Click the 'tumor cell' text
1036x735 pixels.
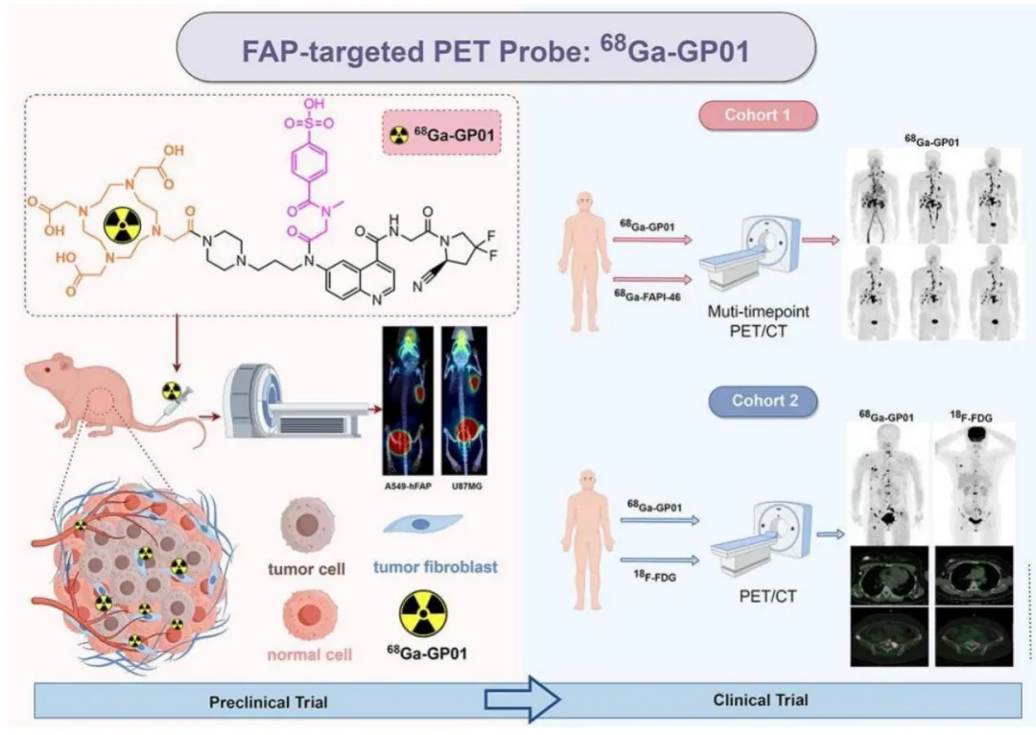pos(303,567)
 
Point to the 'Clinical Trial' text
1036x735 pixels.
pos(761,699)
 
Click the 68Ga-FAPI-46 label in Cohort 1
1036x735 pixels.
pos(652,291)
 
